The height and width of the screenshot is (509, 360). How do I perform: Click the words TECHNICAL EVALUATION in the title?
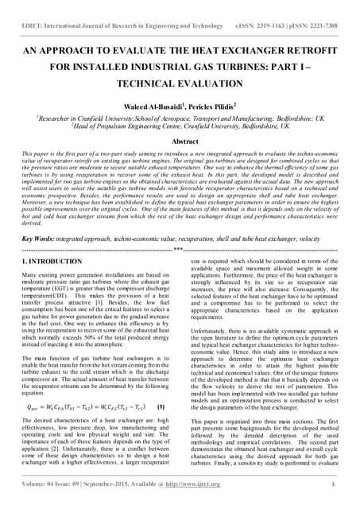tap(179, 82)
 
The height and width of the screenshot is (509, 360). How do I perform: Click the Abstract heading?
tap(180, 139)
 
